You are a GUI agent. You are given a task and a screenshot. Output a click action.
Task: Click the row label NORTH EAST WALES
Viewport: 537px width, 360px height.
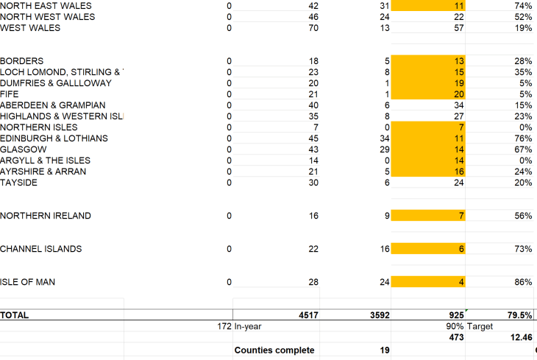point(46,6)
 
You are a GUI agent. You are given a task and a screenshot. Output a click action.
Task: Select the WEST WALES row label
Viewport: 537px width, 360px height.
point(30,28)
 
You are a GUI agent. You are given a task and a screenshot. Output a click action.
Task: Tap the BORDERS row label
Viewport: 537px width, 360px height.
point(21,61)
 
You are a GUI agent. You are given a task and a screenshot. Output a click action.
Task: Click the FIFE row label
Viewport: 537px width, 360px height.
point(10,94)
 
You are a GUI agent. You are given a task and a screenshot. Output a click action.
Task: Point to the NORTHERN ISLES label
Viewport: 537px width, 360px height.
point(38,127)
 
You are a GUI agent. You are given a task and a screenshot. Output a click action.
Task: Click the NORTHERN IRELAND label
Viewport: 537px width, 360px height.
point(46,216)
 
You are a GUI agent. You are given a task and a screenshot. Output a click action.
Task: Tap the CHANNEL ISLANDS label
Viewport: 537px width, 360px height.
point(41,249)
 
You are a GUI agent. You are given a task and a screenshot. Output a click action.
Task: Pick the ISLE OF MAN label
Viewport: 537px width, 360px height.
point(27,282)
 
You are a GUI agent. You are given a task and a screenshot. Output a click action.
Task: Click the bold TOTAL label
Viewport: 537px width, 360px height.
point(15,315)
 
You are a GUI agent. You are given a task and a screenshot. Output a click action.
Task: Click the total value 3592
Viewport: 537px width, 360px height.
point(378,315)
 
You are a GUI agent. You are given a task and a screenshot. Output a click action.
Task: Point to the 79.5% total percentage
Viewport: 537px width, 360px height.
point(519,315)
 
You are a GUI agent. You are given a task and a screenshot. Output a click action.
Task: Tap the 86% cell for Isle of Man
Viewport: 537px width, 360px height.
point(523,282)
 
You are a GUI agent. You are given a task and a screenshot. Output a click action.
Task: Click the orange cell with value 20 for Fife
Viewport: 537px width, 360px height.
point(458,94)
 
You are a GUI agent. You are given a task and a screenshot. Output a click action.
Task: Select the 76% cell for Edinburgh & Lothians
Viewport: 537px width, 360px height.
point(523,138)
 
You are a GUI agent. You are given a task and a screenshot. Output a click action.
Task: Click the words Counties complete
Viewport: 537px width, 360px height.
point(274,350)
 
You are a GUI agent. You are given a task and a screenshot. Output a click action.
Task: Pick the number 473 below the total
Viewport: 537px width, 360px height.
point(455,338)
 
